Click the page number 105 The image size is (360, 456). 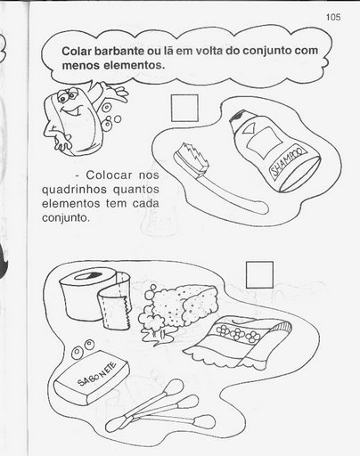pos(333,17)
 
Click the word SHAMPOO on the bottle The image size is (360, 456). pos(288,161)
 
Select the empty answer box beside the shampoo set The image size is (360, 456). pos(184,108)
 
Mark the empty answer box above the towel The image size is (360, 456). pos(259,274)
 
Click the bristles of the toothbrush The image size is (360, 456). pos(192,157)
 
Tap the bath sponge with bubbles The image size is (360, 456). pos(178,310)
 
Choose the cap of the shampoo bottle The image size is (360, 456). pos(239,118)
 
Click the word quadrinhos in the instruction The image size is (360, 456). pos(74,190)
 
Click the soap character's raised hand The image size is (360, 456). pos(114,91)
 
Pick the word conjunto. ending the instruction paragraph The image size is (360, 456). pos(66,218)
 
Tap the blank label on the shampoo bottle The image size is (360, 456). pos(263,142)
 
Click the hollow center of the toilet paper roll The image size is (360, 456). pos(87,276)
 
